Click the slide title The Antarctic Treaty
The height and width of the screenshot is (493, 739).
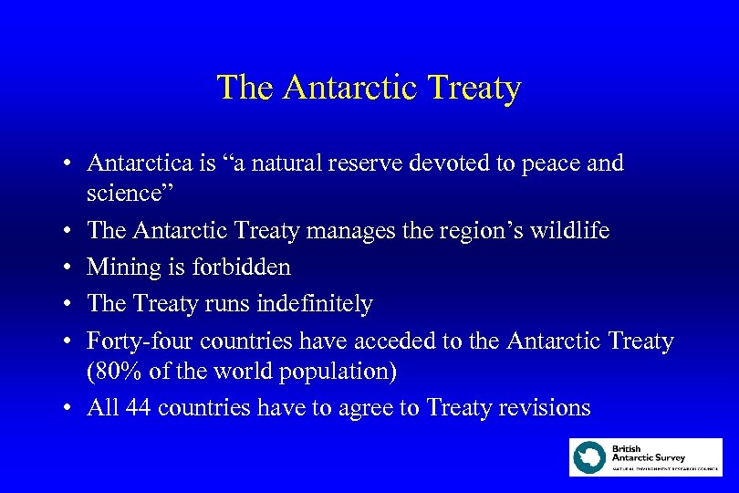[369, 88]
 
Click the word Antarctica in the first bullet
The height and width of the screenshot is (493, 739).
[139, 163]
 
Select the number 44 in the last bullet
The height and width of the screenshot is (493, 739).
[138, 408]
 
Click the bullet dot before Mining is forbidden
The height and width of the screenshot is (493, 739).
[68, 268]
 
